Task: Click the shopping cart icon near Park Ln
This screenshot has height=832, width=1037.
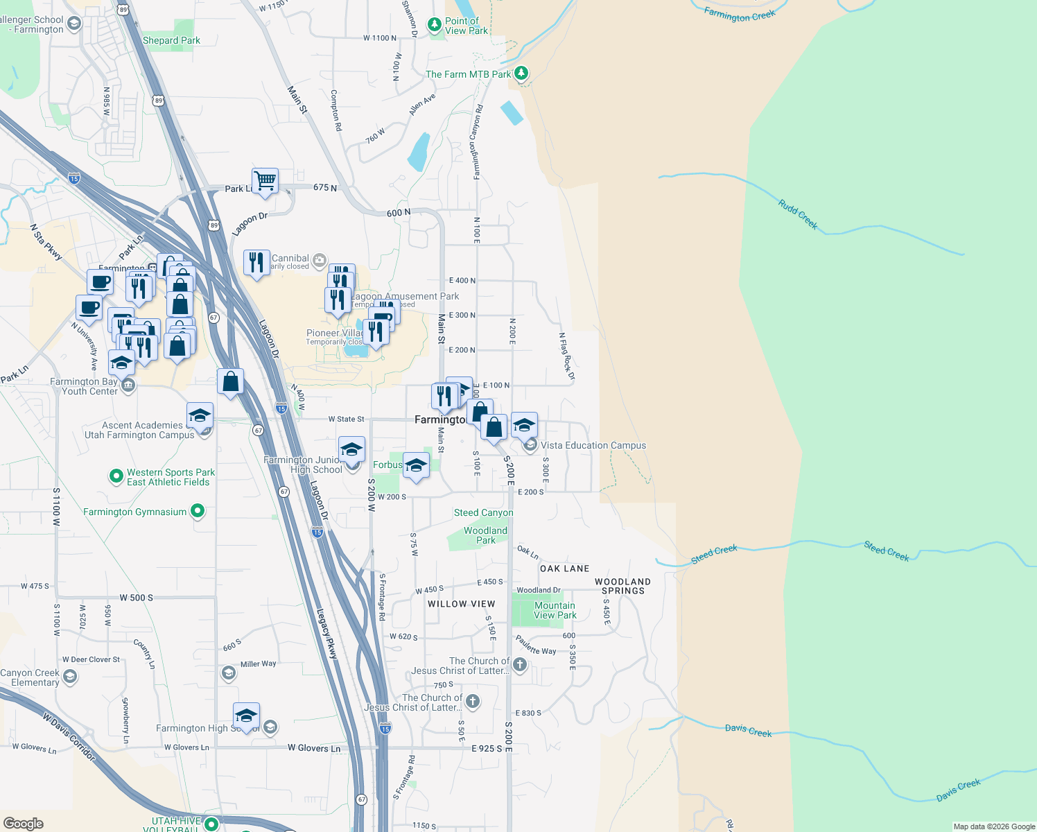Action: pyautogui.click(x=265, y=182)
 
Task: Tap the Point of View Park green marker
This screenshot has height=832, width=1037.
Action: pyautogui.click(x=435, y=26)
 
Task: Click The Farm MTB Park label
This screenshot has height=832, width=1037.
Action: pyautogui.click(x=468, y=74)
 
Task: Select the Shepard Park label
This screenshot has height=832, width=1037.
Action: pyautogui.click(x=171, y=41)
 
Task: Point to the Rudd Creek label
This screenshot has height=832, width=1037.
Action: pyautogui.click(x=798, y=215)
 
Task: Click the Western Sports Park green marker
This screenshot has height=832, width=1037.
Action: pyautogui.click(x=116, y=476)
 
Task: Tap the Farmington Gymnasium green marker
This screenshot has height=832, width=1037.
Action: pyautogui.click(x=198, y=512)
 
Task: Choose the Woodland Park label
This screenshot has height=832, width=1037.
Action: pyautogui.click(x=485, y=535)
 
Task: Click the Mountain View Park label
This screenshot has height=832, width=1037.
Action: pyautogui.click(x=555, y=610)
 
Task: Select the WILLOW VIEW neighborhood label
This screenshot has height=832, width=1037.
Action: pyautogui.click(x=462, y=604)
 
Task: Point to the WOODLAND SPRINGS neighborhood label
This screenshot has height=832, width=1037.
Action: pyautogui.click(x=622, y=587)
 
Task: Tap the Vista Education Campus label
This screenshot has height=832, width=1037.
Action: pyautogui.click(x=593, y=446)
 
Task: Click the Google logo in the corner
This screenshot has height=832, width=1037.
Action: pyautogui.click(x=23, y=823)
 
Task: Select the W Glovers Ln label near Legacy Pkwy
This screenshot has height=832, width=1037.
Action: pyautogui.click(x=314, y=748)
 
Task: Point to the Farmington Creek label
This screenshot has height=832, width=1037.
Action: pyautogui.click(x=740, y=15)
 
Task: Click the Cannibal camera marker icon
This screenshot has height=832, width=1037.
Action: pyautogui.click(x=319, y=261)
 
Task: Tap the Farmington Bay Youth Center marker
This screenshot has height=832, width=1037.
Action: pyautogui.click(x=128, y=386)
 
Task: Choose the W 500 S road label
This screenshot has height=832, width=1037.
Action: pyautogui.click(x=136, y=598)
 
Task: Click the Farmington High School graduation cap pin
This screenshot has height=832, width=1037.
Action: pyautogui.click(x=246, y=714)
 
